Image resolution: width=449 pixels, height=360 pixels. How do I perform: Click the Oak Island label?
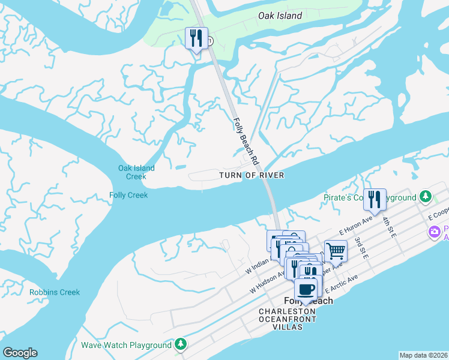tap(280, 16)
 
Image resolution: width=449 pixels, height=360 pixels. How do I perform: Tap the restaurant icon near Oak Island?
tap(196, 39)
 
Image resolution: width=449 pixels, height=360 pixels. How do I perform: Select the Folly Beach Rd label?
tap(245, 141)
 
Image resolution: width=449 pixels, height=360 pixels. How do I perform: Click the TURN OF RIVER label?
tap(251, 175)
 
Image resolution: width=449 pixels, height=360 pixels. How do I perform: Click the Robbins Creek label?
tap(55, 293)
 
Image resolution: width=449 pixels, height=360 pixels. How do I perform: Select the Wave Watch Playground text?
tap(126, 345)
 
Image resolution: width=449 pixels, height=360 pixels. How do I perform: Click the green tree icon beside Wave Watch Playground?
tap(180, 344)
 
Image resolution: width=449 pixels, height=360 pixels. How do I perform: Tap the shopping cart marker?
tap(336, 251)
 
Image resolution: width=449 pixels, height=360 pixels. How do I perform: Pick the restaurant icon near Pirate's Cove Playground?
tap(375, 199)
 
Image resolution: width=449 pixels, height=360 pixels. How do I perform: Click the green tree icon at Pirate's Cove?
tap(426, 196)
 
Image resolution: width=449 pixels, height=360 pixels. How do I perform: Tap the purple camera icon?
tap(433, 232)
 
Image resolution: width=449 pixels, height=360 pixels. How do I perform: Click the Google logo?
tap(20, 353)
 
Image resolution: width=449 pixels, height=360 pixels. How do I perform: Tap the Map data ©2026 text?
tap(423, 355)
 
